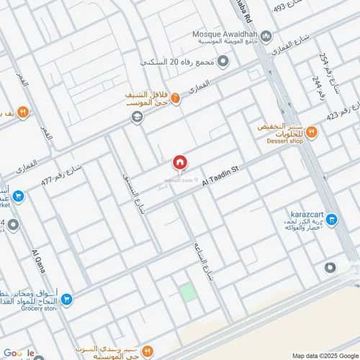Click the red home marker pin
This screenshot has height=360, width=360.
point(180,163)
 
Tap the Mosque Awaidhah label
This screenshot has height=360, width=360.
point(225,34)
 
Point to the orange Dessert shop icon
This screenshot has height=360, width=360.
point(312,132)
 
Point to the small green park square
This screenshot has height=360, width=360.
point(187,292)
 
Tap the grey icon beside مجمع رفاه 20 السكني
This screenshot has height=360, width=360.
point(223,62)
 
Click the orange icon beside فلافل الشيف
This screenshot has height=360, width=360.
point(175,100)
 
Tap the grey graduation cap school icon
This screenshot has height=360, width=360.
point(136,117)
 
